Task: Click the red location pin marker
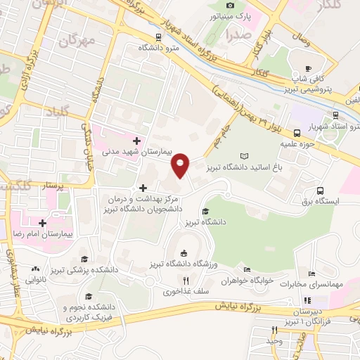(181, 165)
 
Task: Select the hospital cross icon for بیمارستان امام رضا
(43, 222)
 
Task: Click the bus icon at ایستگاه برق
(321, 190)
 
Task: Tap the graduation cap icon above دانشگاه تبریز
(205, 211)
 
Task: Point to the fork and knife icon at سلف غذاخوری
(186, 280)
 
